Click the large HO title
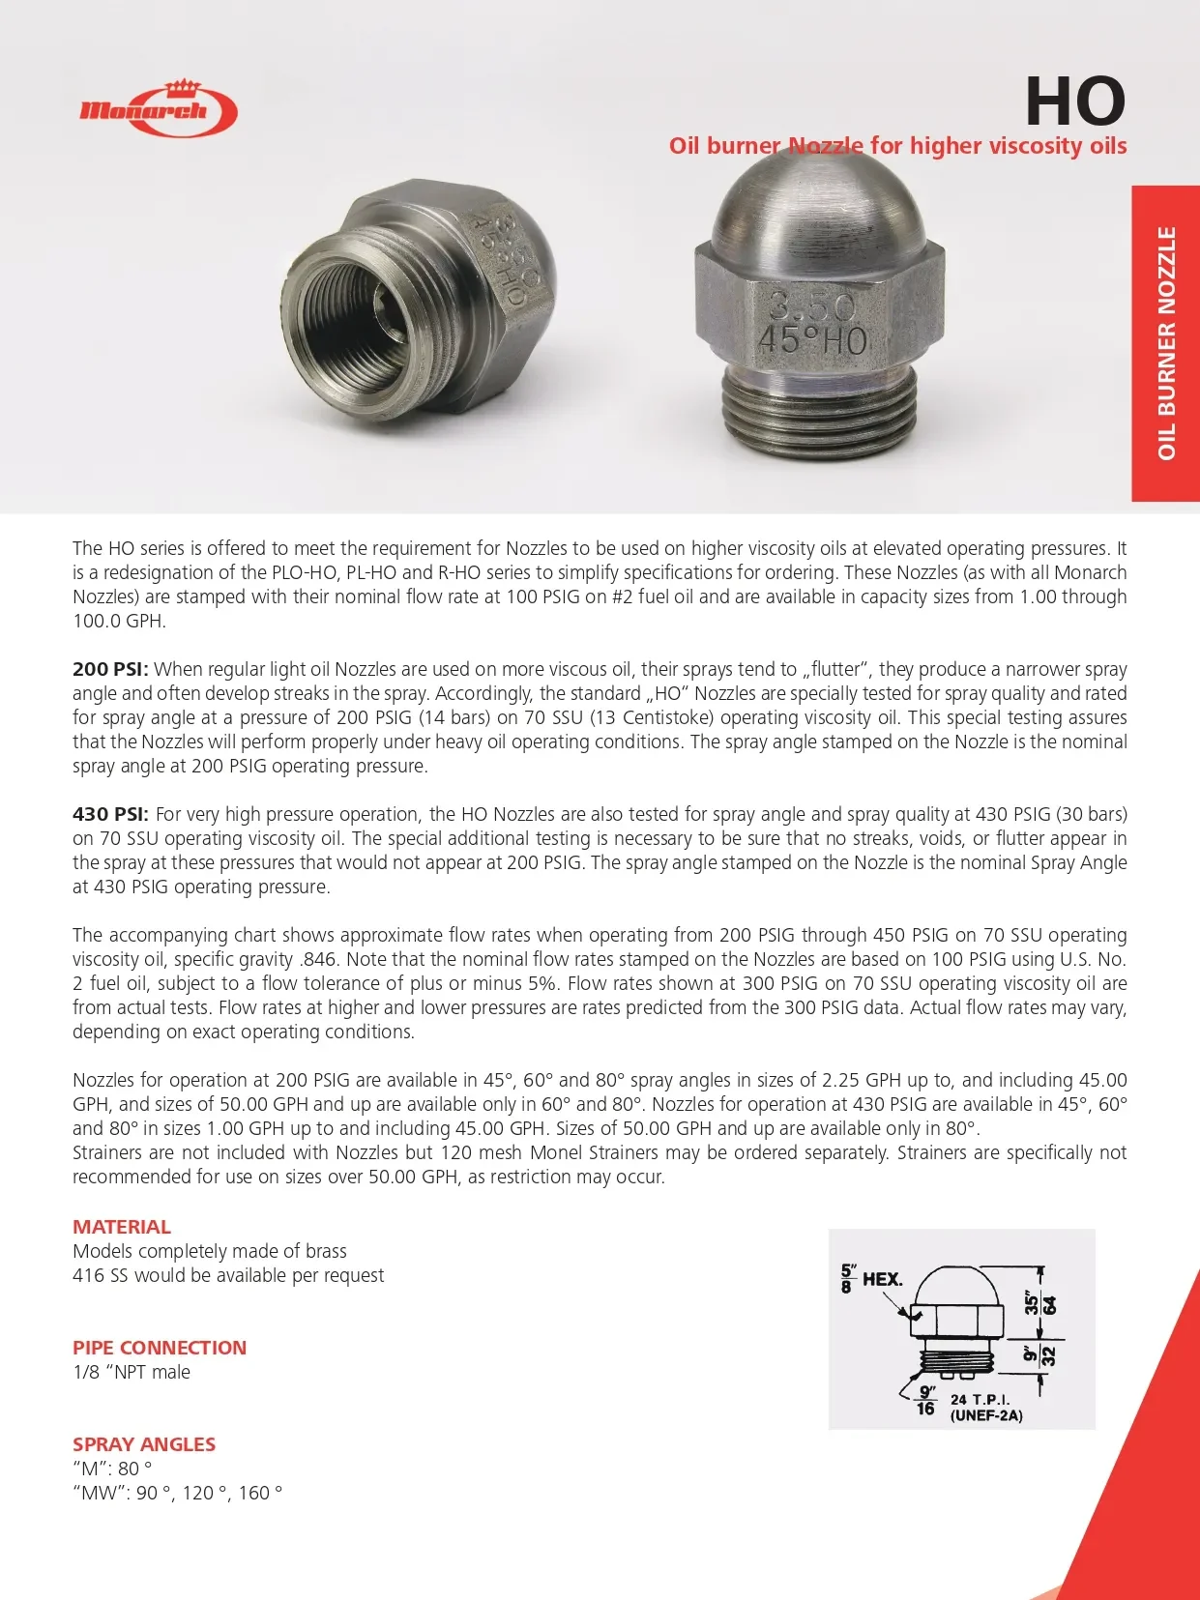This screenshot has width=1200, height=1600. (x=1074, y=102)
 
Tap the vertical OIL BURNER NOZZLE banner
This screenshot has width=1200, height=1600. (x=1166, y=343)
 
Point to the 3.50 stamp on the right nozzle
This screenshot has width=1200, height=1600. (x=812, y=307)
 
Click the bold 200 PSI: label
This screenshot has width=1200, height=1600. (x=110, y=669)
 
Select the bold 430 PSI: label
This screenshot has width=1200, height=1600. (x=110, y=814)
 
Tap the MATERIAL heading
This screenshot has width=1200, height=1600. (x=122, y=1227)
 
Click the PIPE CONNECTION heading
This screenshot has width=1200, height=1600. (x=160, y=1348)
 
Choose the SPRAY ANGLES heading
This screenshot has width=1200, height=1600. (x=144, y=1444)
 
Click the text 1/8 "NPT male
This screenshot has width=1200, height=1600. (x=132, y=1372)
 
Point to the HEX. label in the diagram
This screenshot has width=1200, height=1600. (x=882, y=1279)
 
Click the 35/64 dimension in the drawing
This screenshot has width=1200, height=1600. (x=1040, y=1303)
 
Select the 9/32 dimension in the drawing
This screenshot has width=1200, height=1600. (x=1040, y=1353)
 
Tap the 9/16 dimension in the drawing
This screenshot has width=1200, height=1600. (x=926, y=1400)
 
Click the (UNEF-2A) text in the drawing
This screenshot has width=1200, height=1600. (x=986, y=1415)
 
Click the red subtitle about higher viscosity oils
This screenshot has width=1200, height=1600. (x=897, y=146)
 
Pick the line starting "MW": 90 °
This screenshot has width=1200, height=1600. (x=178, y=1493)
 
